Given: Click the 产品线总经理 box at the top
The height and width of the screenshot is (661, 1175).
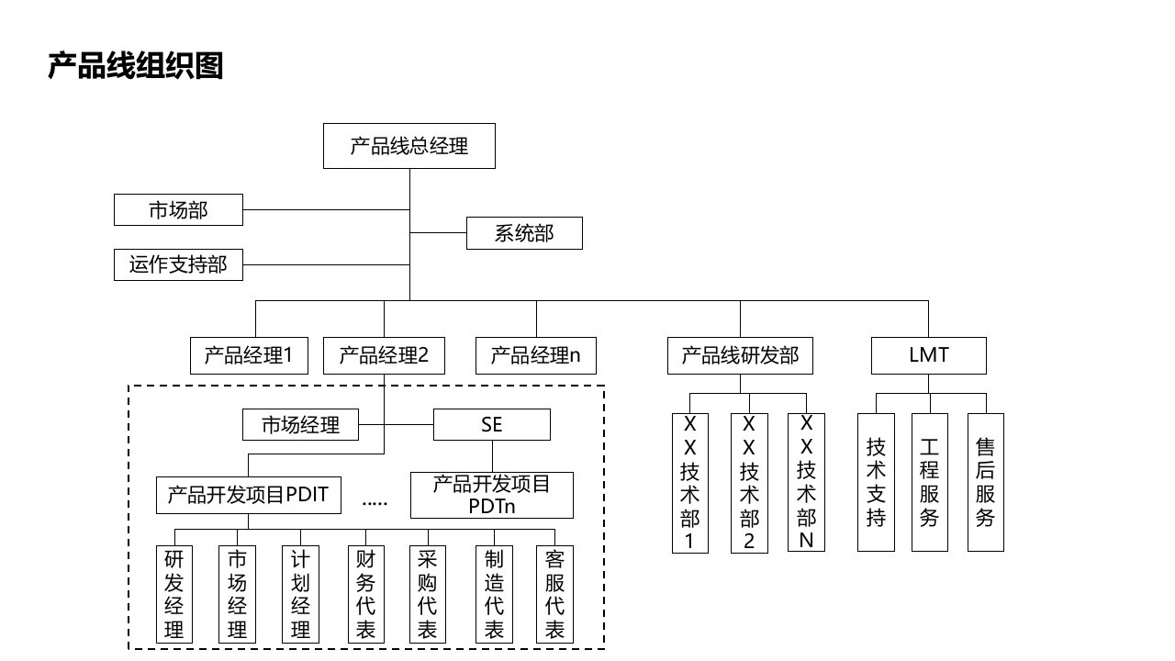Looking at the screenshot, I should point(408,146).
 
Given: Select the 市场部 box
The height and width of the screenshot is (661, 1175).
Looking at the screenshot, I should point(178,209).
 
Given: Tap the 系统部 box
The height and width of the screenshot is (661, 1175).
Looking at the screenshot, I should point(524,233).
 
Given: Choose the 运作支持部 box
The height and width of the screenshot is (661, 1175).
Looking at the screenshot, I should point(178,265).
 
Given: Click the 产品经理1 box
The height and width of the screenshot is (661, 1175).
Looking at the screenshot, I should point(249,355).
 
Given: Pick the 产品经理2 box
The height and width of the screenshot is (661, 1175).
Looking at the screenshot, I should point(384,355).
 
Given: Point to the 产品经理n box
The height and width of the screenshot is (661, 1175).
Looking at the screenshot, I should point(535,355).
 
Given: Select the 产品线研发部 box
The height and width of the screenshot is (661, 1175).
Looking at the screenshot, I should point(740,355).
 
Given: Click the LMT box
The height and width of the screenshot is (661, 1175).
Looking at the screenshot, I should point(929,355).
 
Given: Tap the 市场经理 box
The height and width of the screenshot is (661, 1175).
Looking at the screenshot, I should point(300,425).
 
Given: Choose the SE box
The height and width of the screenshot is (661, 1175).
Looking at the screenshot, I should point(492,425).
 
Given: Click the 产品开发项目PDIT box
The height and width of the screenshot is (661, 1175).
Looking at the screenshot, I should point(249,496).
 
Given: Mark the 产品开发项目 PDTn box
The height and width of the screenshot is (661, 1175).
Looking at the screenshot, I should point(491,496).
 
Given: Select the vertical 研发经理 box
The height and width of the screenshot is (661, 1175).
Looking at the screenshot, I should point(174,594).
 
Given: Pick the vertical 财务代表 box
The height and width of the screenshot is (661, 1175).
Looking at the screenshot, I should point(364,594).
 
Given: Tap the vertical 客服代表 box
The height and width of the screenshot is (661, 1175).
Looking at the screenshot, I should point(554,594).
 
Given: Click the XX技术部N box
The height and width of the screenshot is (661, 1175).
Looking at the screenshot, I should point(806,482).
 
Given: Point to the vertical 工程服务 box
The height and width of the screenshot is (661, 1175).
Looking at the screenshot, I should point(930,482).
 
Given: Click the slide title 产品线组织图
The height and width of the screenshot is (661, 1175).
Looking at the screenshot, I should point(136,66).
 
